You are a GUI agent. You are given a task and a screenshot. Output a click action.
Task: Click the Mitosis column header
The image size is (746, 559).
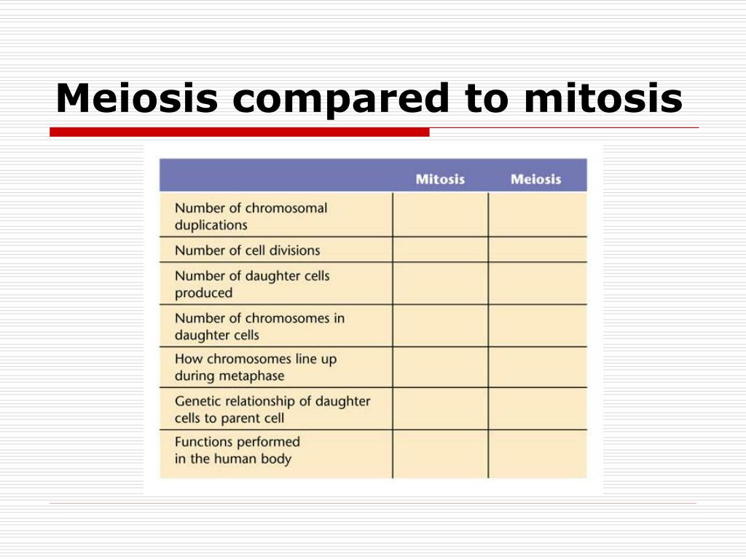click(x=440, y=179)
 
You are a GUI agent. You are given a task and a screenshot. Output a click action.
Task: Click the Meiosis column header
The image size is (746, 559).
click(x=535, y=179)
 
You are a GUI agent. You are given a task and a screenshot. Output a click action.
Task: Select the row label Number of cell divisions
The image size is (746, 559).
click(x=248, y=250)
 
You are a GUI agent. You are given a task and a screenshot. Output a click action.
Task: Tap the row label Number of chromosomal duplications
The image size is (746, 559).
click(x=251, y=216)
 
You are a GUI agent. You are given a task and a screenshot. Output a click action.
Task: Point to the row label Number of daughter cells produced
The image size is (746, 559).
click(x=252, y=285)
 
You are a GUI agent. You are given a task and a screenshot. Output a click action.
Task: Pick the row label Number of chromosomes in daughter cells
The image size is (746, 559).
click(x=260, y=327)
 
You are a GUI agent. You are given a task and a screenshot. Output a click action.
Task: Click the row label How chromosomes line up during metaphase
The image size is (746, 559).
click(x=256, y=367)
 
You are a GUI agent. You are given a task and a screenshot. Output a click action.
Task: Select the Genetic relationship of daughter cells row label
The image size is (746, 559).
click(x=272, y=409)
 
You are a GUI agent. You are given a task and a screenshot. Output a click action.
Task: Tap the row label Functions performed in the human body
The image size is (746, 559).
click(x=237, y=450)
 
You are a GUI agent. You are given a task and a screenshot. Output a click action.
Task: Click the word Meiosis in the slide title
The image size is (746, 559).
click(x=137, y=98)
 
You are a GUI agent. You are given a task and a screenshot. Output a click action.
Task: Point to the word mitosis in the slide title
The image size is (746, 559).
click(x=603, y=98)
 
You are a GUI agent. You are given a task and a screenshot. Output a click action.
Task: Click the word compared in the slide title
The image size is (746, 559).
click(x=341, y=100)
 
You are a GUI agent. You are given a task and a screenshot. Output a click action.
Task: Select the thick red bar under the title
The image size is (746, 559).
click(x=239, y=132)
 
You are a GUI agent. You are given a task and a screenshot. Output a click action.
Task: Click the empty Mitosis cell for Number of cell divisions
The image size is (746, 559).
click(x=441, y=250)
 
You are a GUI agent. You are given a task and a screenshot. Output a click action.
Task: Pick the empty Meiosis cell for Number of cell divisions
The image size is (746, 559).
click(x=538, y=250)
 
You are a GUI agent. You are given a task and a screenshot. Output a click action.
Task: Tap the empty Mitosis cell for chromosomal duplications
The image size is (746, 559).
click(x=441, y=215)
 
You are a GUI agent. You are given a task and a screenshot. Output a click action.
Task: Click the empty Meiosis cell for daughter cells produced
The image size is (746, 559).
click(x=538, y=283)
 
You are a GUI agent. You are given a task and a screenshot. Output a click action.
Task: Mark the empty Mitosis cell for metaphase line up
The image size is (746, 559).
click(x=441, y=367)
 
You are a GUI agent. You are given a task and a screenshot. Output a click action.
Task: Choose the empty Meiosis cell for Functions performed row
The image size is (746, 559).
click(x=538, y=454)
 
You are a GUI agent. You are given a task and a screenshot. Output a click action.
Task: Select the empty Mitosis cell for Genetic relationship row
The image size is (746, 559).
click(x=441, y=409)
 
